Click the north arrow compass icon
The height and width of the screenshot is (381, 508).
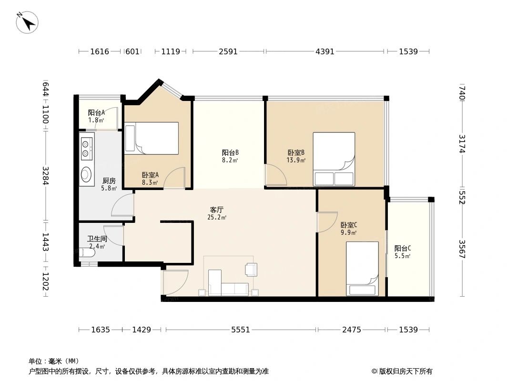pyautogui.click(x=27, y=21)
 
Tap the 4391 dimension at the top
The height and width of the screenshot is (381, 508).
pyautogui.click(x=325, y=51)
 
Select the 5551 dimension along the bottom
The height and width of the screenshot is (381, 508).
pyautogui.click(x=241, y=330)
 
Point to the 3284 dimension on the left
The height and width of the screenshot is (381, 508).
pyautogui.click(x=46, y=175)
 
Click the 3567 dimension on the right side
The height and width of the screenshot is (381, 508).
pyautogui.click(x=461, y=249)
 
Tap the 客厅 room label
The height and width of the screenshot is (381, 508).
pyautogui.click(x=217, y=210)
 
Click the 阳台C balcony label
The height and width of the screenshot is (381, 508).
pyautogui.click(x=402, y=248)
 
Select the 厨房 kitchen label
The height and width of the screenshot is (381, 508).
pyautogui.click(x=109, y=180)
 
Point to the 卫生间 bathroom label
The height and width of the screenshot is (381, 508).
pyautogui.click(x=96, y=239)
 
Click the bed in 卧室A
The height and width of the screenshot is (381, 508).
pyautogui.click(x=152, y=138)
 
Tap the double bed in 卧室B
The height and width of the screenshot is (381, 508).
pyautogui.click(x=334, y=159)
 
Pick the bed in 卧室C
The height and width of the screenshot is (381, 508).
pyautogui.click(x=362, y=269)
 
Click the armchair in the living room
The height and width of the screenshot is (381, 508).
pyautogui.click(x=251, y=269)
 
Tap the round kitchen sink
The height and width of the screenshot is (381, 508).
pyautogui.click(x=87, y=175)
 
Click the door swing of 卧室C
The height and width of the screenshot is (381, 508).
pyautogui.click(x=326, y=222)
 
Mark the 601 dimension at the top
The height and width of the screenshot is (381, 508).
pyautogui.click(x=132, y=51)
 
